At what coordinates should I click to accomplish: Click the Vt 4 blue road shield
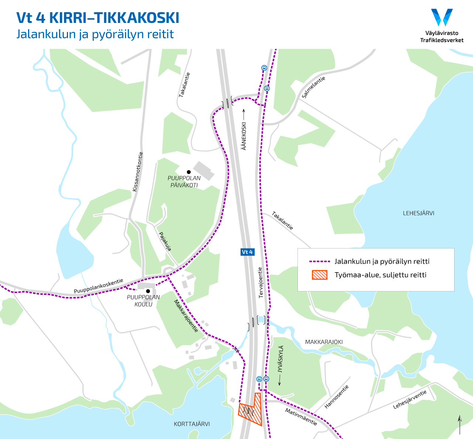pyautogui.click(x=247, y=252)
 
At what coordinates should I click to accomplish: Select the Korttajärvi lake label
pyautogui.click(x=192, y=424)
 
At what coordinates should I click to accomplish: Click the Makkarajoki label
pyautogui.click(x=324, y=342)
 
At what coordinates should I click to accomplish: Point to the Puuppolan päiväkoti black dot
pyautogui.click(x=188, y=172)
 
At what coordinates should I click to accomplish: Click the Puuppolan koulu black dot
pyautogui.click(x=148, y=291)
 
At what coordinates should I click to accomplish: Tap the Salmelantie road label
pyautogui.click(x=313, y=87)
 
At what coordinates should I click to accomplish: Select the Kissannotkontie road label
pyautogui.click(x=137, y=172)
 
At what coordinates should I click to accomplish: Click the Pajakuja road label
pyautogui.click(x=165, y=242)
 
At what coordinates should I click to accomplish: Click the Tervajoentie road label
pyautogui.click(x=261, y=283)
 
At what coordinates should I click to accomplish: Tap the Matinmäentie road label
pyautogui.click(x=301, y=417)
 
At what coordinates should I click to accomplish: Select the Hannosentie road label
pyautogui.click(x=336, y=397)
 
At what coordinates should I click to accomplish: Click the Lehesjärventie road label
pyautogui.click(x=410, y=399)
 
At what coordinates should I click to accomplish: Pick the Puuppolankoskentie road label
pyautogui.click(x=98, y=286)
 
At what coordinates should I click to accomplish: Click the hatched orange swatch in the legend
pyautogui.click(x=320, y=275)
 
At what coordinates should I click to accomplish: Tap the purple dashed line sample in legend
pyautogui.click(x=319, y=261)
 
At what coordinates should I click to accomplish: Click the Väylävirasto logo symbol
pyautogui.click(x=442, y=17)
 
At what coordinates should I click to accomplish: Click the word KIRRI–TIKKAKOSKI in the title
pyautogui.click(x=114, y=18)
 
